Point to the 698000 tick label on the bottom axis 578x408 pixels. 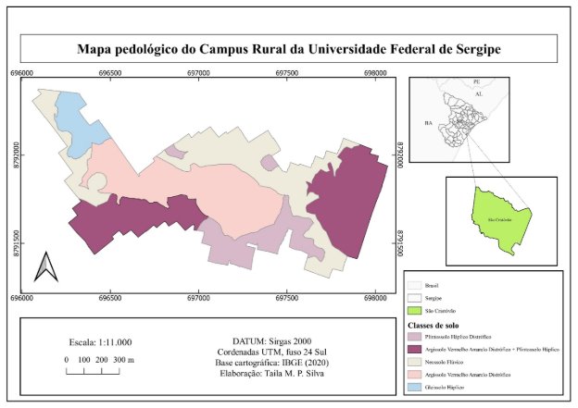[375, 298]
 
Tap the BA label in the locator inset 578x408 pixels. [428, 122]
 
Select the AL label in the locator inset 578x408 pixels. [478, 94]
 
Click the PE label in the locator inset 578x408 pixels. [477, 82]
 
